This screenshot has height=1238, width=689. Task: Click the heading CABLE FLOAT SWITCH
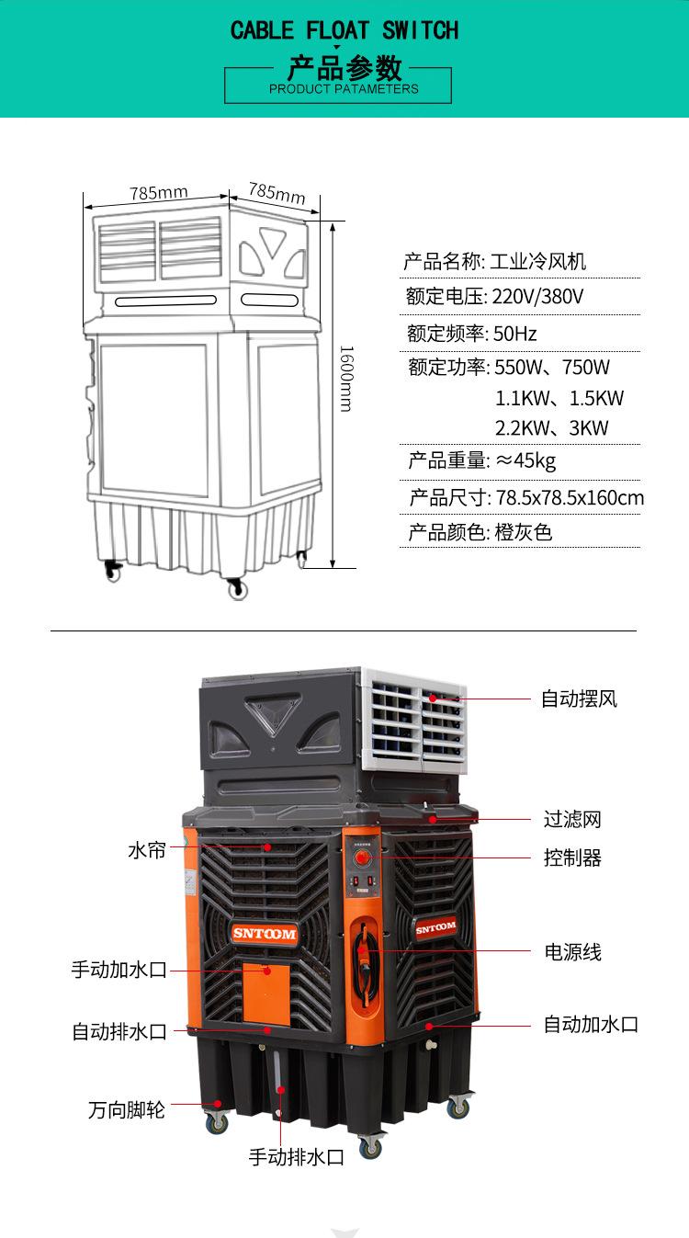click(344, 30)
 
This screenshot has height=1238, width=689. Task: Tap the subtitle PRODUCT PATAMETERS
click(344, 89)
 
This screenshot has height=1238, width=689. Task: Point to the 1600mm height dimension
click(346, 378)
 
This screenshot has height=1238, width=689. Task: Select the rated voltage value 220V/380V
click(538, 297)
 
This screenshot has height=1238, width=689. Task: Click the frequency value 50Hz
click(515, 333)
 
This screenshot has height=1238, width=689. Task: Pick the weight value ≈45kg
click(525, 460)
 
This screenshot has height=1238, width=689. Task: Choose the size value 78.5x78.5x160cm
click(570, 498)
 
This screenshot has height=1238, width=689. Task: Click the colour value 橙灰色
click(524, 532)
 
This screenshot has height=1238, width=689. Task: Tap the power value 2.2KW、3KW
click(551, 428)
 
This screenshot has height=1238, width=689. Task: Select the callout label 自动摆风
click(579, 699)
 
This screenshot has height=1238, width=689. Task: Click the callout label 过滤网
click(572, 819)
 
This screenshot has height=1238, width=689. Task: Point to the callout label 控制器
click(572, 858)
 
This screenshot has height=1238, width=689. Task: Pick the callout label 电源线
click(572, 952)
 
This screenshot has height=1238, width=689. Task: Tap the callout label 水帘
click(147, 850)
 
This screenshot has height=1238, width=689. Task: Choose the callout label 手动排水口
click(297, 1157)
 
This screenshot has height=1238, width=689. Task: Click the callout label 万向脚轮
click(127, 1109)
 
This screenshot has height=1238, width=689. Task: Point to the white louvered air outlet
click(413, 717)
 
